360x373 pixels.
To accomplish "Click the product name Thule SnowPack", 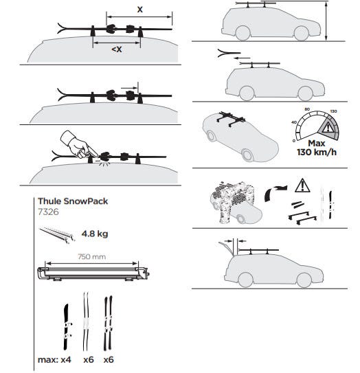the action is tap(73, 201).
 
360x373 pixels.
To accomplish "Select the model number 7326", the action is tap(48, 212).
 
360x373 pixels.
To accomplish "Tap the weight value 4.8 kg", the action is tap(95, 234).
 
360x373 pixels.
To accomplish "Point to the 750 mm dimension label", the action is tap(92, 257).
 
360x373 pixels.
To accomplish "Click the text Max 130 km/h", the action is tap(317, 148).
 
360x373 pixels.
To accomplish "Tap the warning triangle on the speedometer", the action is tap(328, 128).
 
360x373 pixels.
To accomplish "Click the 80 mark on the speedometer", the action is tap(307, 109).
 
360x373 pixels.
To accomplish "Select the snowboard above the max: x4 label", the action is tap(66, 326).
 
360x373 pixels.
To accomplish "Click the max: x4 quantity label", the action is tap(54, 360).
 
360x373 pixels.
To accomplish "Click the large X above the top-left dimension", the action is tap(140, 10).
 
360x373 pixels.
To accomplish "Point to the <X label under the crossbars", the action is tap(117, 49).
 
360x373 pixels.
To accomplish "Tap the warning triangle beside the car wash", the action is tap(302, 185).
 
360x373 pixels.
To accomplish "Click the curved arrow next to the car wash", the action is tap(275, 192).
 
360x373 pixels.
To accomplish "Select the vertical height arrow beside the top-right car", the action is tap(326, 21).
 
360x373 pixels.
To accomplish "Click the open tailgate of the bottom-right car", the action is tap(225, 247).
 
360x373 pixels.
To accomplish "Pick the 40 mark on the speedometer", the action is tap(294, 122).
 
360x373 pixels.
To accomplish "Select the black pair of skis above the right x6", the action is tap(108, 323).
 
